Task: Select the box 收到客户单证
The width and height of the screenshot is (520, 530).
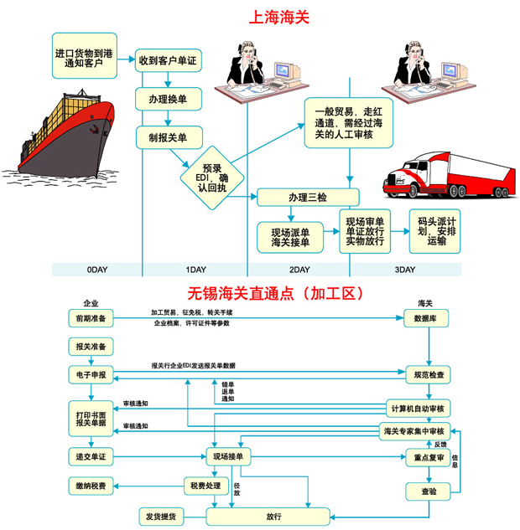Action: point(168,60)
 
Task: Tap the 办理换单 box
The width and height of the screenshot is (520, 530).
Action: point(168,99)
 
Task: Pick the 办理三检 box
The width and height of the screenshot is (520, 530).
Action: point(308,198)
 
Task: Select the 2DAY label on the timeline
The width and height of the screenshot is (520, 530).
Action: point(299,270)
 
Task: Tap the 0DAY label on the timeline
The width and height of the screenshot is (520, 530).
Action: point(97,270)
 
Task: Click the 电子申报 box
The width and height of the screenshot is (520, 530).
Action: point(91,374)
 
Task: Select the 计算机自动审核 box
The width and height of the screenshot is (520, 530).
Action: point(420,409)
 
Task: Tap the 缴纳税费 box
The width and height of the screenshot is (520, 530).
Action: point(91,486)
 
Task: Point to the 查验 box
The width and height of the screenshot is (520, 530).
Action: point(427,491)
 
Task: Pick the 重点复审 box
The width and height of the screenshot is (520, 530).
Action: point(427,458)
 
